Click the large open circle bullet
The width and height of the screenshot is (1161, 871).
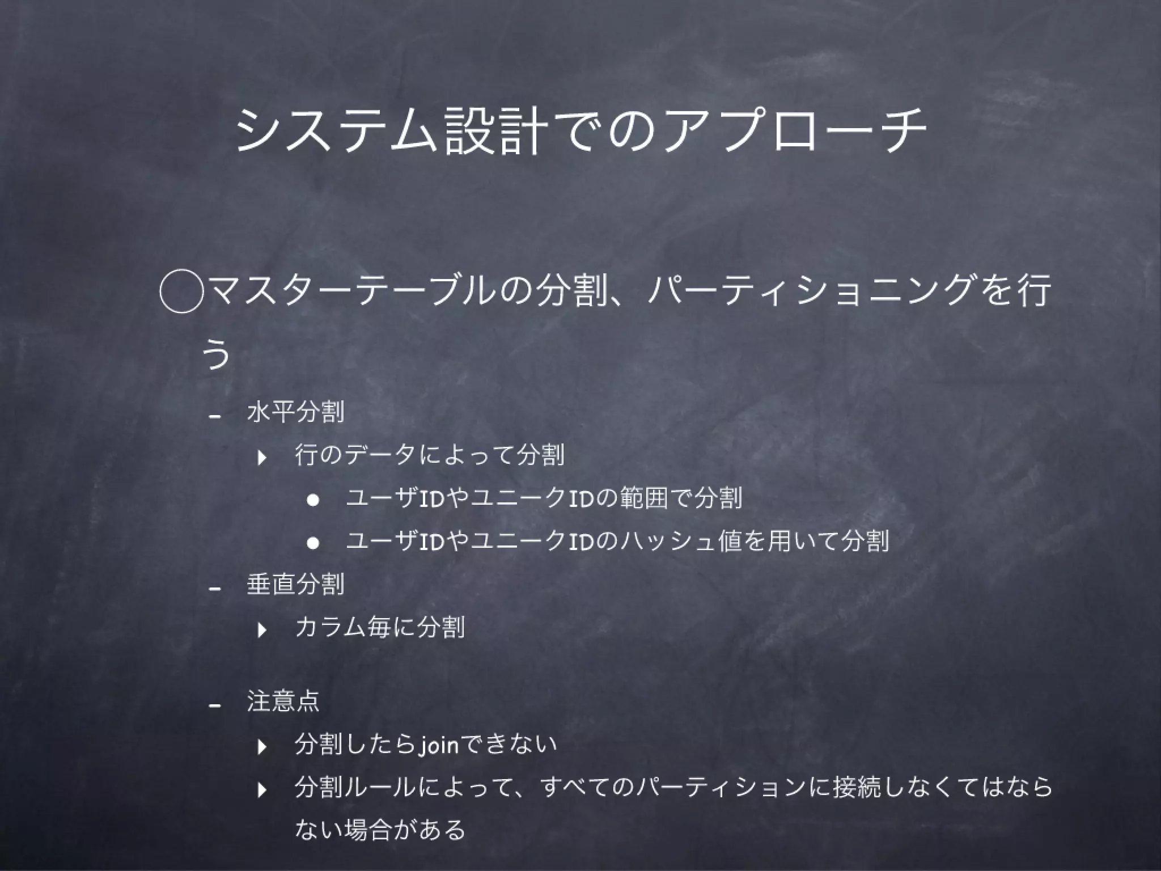(x=181, y=290)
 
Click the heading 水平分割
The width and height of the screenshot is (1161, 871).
(x=295, y=411)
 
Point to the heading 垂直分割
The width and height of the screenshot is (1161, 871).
(x=295, y=584)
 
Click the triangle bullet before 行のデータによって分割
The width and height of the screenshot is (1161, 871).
(x=262, y=457)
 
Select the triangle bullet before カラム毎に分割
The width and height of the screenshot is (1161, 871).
(x=262, y=629)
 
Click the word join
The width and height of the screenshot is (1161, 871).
(x=438, y=745)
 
